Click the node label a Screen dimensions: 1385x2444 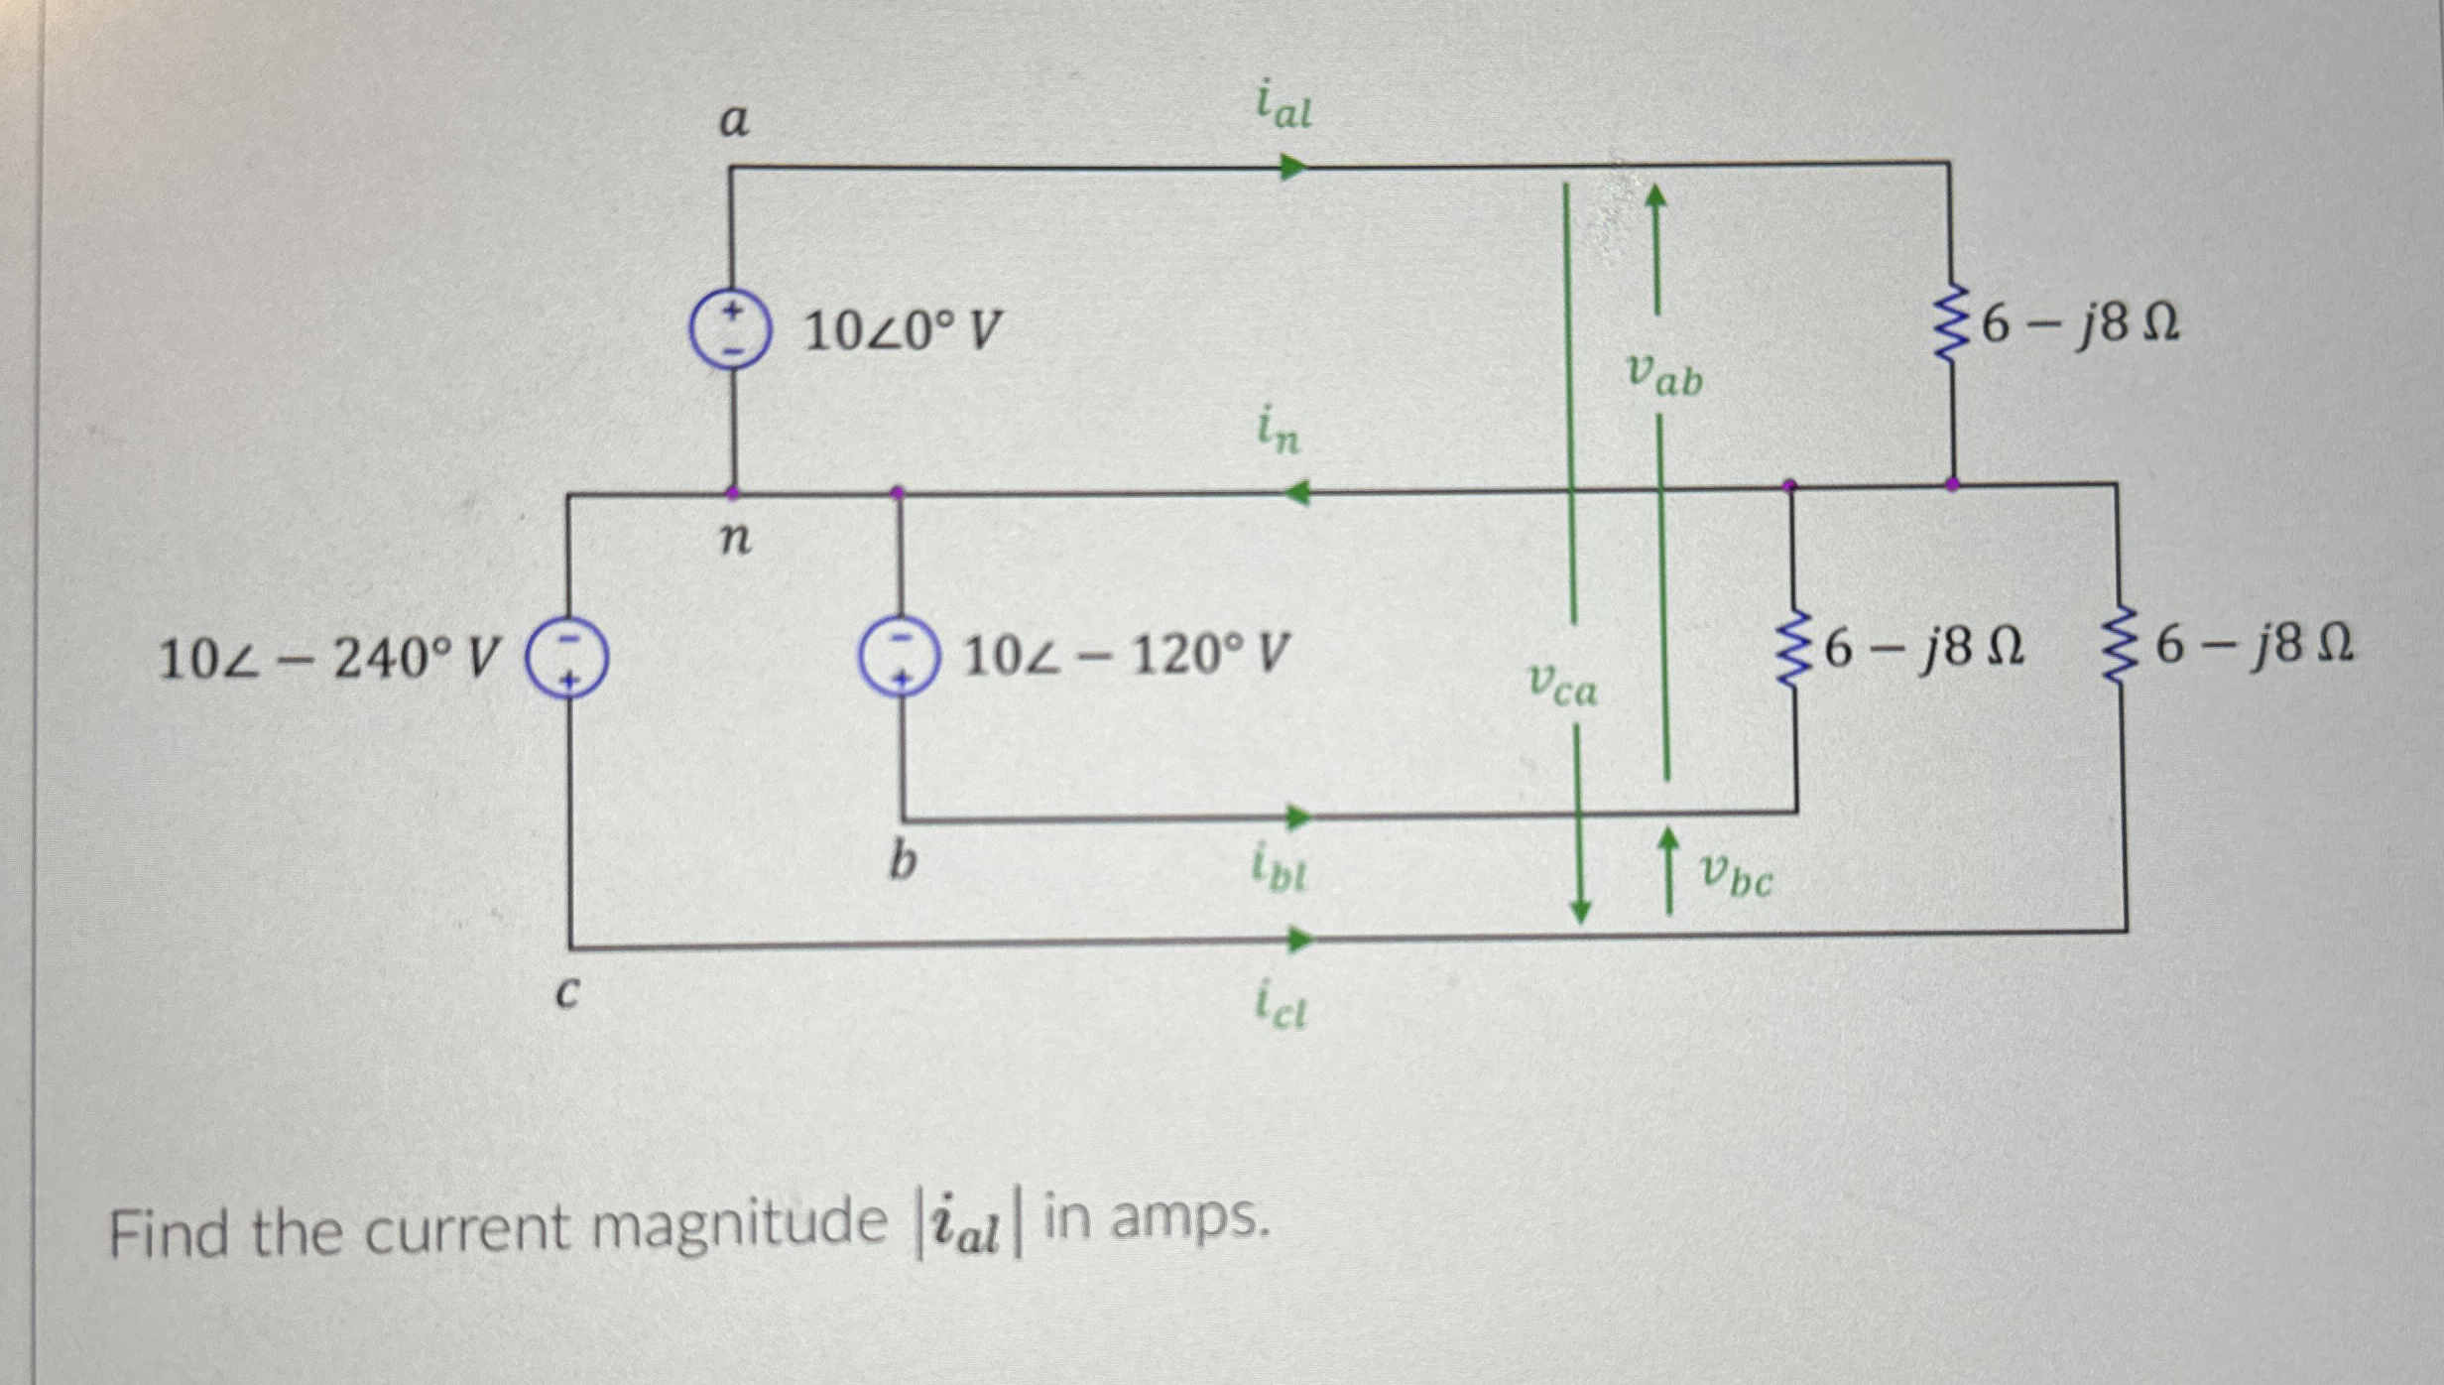(x=733, y=121)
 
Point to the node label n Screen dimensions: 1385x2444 (x=735, y=538)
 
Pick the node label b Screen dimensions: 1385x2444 (x=901, y=860)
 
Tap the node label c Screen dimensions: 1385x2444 (x=566, y=991)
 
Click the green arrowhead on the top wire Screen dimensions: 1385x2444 (x=1291, y=167)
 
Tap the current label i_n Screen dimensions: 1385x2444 (x=1279, y=433)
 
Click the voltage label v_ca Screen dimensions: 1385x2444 (x=1563, y=684)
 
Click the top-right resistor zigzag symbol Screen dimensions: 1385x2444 (x=1950, y=323)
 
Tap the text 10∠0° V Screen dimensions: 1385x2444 (x=902, y=330)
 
